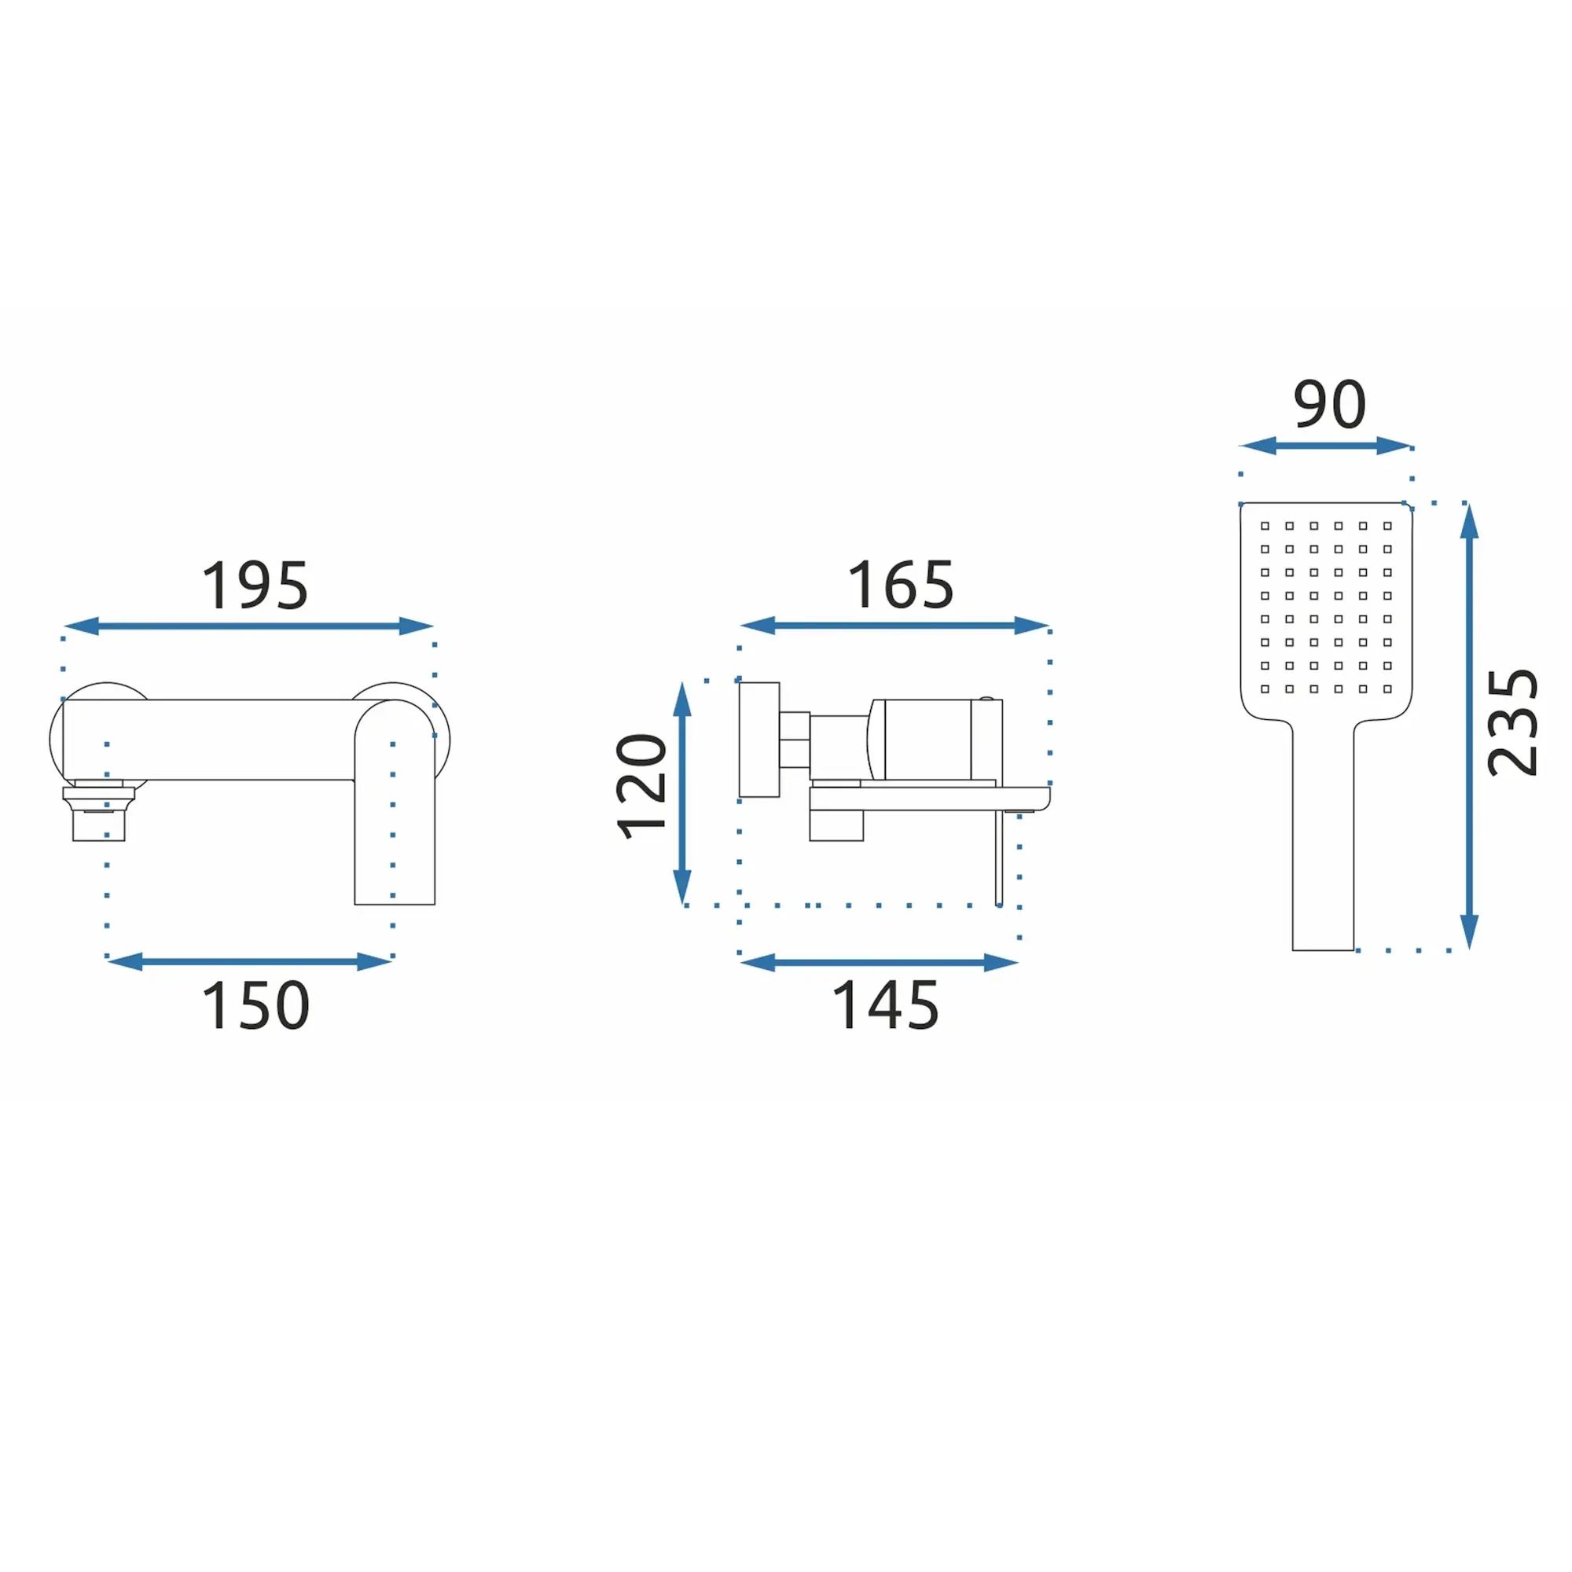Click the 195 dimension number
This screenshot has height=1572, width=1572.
click(255, 585)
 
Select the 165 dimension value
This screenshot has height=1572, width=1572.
click(901, 584)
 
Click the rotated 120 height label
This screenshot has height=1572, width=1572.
click(641, 787)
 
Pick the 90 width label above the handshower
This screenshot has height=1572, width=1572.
click(1330, 404)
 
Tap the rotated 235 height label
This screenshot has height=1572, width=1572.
click(1511, 722)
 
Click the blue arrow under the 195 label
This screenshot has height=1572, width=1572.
click(248, 626)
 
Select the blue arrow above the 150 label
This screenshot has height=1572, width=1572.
click(249, 962)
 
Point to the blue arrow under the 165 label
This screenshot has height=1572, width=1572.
click(894, 626)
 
